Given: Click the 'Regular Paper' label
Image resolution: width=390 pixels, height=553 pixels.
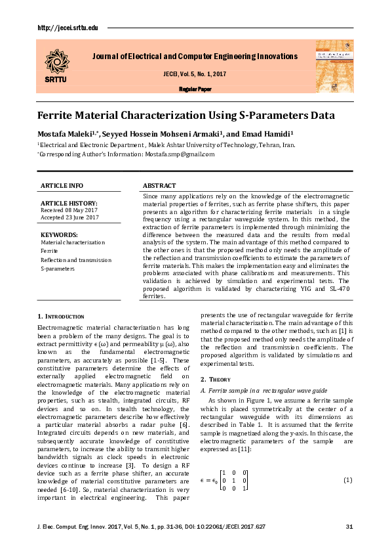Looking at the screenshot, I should (x=195, y=89).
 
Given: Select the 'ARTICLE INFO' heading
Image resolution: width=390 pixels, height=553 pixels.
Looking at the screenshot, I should (x=62, y=187).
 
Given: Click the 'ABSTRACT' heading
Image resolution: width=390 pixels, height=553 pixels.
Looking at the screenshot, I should (x=159, y=187).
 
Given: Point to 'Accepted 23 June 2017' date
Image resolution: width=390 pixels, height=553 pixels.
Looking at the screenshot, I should (x=70, y=217).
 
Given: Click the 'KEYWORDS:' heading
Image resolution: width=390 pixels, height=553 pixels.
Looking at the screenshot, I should (x=59, y=234).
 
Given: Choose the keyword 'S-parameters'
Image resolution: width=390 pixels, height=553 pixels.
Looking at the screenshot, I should (x=58, y=268).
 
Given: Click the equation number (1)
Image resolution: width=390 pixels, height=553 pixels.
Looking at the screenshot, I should (x=347, y=480).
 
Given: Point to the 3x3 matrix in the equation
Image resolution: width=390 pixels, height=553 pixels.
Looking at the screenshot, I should (x=234, y=480).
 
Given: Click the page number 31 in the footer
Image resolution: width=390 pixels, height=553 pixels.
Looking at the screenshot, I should (x=349, y=528).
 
